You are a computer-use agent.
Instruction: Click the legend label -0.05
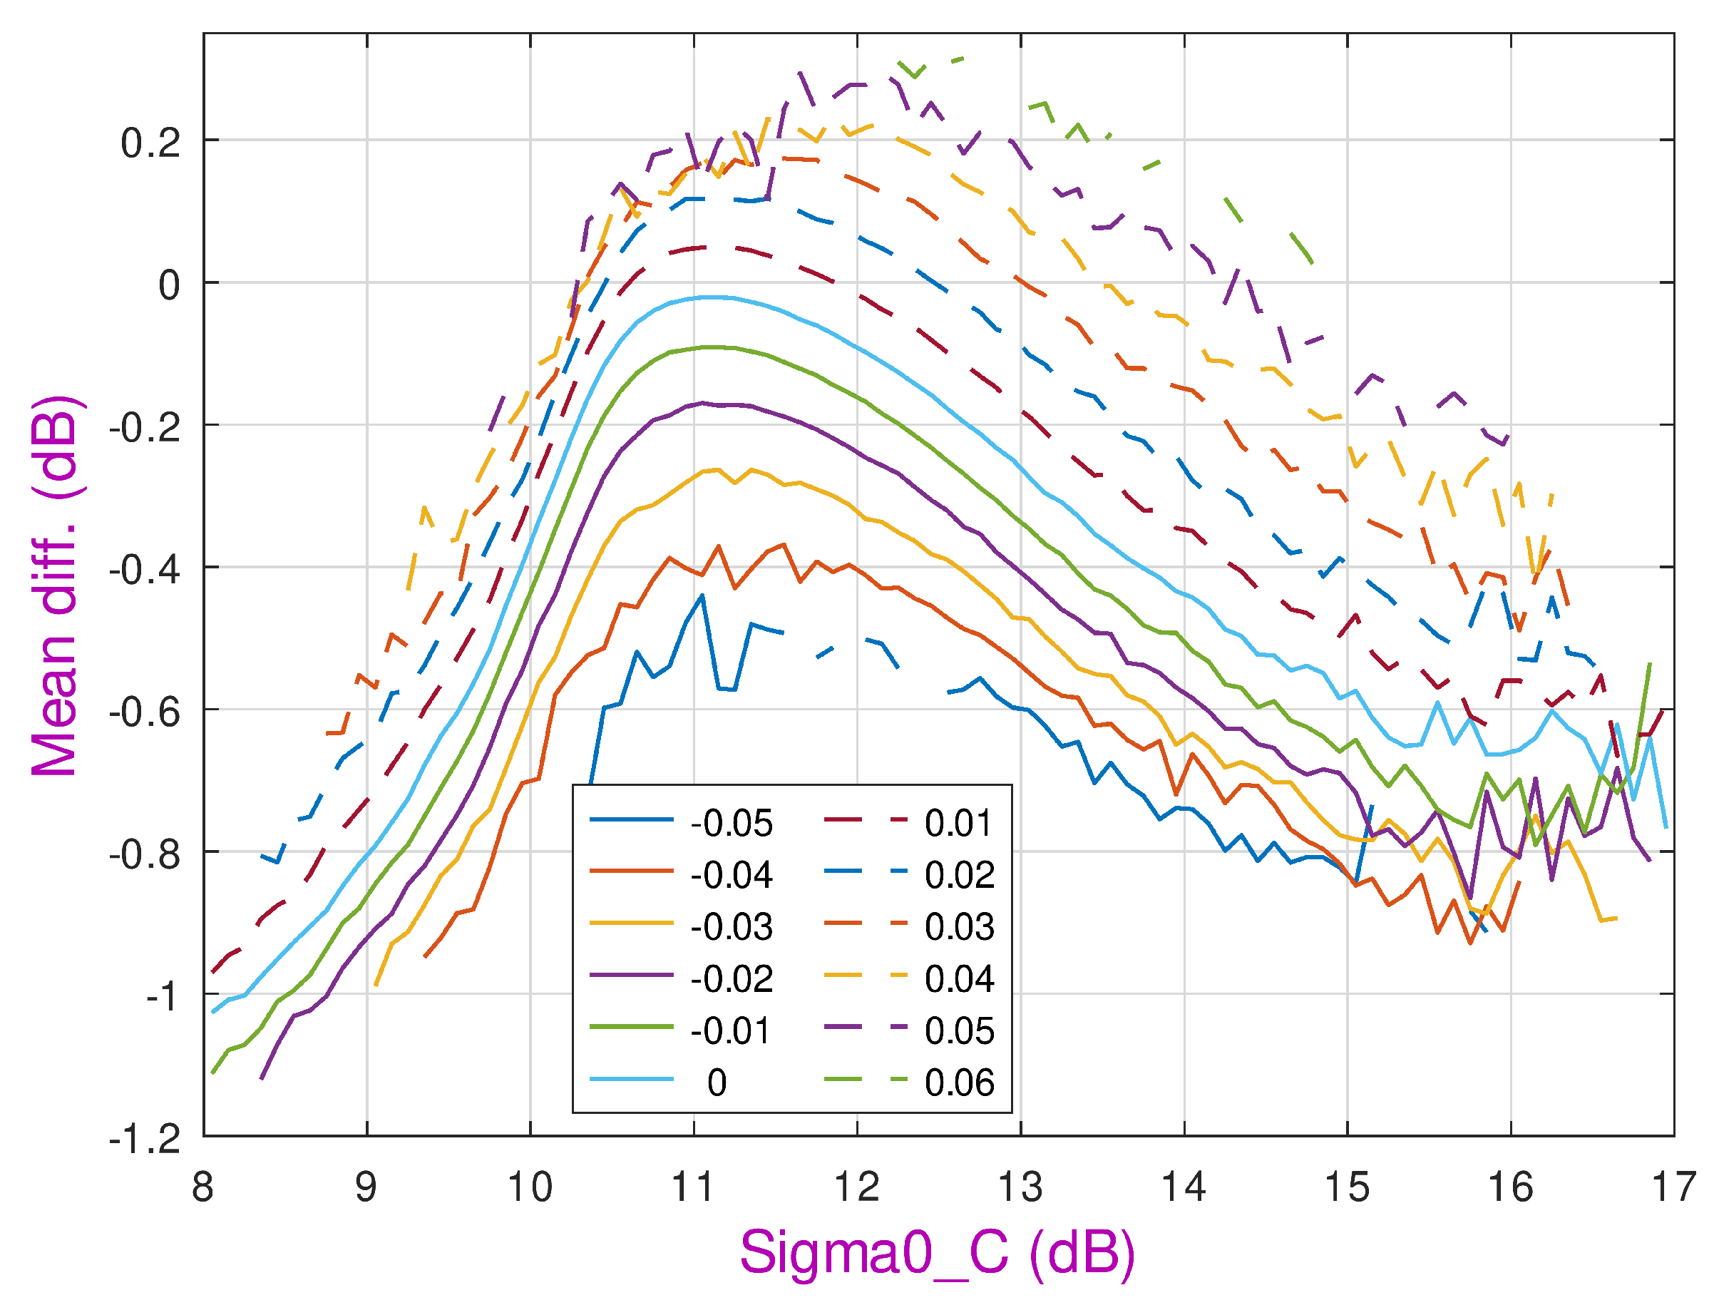(x=731, y=824)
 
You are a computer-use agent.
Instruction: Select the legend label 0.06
(x=958, y=1083)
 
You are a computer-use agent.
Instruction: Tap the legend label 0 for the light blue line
(x=716, y=1083)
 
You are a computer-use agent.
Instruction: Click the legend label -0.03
(x=731, y=927)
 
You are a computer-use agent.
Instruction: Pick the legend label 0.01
(x=958, y=824)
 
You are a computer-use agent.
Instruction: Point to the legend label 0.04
(x=958, y=978)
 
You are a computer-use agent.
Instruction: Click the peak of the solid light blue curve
(x=711, y=297)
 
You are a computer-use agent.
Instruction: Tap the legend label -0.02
(x=731, y=978)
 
